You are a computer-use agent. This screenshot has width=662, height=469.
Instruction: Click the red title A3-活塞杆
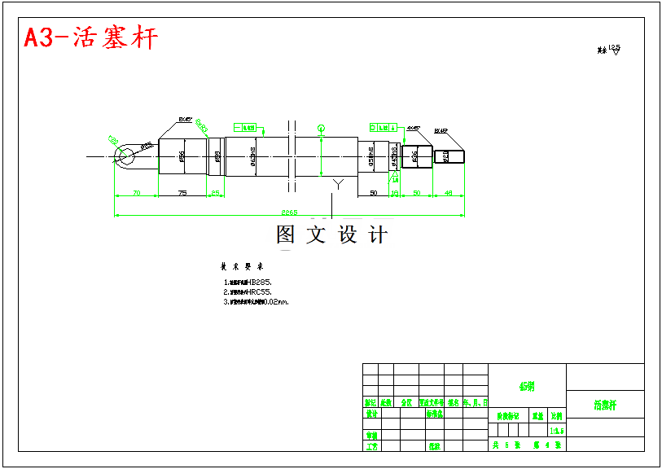[90, 38]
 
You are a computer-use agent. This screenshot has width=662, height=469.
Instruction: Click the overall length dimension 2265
[290, 212]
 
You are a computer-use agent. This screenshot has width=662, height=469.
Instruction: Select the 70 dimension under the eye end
[135, 193]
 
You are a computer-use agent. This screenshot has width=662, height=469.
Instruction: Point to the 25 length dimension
[216, 193]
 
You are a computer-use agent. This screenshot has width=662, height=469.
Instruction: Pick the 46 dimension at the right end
[449, 193]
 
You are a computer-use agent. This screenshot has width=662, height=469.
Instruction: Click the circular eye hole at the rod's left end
[125, 156]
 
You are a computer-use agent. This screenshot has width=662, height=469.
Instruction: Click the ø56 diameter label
[182, 156]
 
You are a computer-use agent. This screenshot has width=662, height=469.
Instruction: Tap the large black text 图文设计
[332, 235]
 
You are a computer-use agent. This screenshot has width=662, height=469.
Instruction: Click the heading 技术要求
[242, 266]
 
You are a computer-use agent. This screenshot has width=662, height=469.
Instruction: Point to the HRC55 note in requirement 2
[260, 291]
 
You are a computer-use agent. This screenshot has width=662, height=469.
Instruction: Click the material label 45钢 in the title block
[526, 386]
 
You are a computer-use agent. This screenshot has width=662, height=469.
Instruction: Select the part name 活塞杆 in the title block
[604, 405]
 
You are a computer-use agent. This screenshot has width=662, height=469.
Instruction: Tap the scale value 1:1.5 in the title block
[557, 431]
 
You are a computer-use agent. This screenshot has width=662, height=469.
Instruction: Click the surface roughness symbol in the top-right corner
[610, 50]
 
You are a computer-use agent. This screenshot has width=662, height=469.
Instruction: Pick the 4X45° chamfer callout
[414, 129]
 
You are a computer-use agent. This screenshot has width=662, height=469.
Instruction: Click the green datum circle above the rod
[322, 128]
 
